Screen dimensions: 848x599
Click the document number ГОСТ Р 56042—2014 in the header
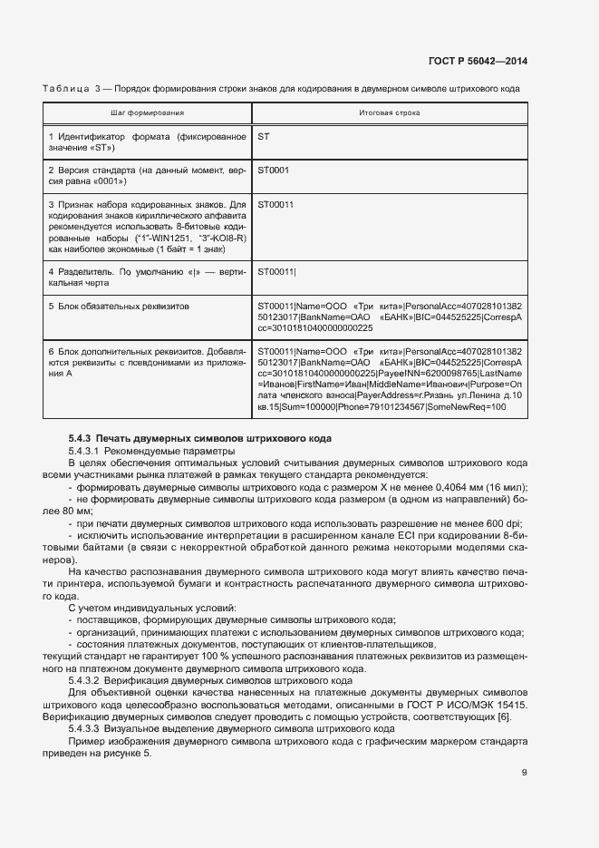point(478,62)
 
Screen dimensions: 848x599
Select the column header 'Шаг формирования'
point(148,113)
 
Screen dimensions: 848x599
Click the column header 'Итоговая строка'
point(390,113)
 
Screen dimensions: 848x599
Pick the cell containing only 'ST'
point(264,136)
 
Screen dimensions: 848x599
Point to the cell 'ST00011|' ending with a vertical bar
point(276,271)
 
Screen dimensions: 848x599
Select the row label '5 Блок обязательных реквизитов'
point(119,307)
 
